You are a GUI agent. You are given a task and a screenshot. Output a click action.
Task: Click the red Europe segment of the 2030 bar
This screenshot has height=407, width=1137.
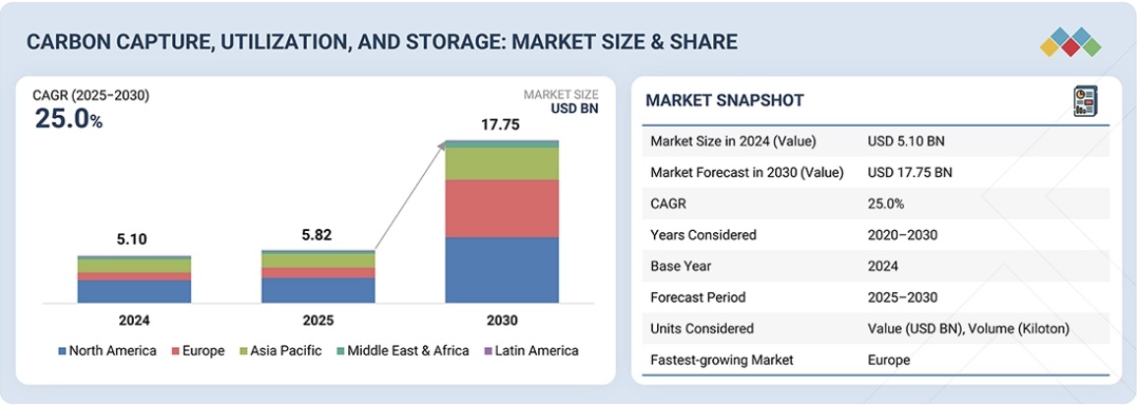click(x=502, y=207)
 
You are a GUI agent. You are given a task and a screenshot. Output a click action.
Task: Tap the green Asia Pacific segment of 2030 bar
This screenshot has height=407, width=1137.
click(x=502, y=163)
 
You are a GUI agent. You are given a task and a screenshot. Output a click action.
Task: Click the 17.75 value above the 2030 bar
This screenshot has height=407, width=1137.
click(x=501, y=125)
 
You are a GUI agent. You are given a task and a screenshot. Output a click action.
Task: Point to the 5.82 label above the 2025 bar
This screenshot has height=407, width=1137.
click(x=318, y=237)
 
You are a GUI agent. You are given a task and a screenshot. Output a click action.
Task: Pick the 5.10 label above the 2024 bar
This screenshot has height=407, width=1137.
click(x=135, y=239)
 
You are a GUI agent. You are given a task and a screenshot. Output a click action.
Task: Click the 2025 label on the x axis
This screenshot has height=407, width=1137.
click(x=318, y=320)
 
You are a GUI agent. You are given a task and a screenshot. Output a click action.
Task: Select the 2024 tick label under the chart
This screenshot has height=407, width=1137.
click(x=135, y=320)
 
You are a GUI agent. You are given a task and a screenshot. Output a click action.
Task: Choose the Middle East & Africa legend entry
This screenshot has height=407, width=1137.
click(x=402, y=351)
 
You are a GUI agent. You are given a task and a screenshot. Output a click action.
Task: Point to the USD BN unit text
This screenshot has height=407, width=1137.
click(x=574, y=109)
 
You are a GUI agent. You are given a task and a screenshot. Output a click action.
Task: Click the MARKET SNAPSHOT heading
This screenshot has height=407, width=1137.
click(x=725, y=100)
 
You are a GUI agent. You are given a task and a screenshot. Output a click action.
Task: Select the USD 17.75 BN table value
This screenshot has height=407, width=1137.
click(x=910, y=172)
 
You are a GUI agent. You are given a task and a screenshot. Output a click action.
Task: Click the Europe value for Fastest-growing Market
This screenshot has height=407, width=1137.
click(x=889, y=360)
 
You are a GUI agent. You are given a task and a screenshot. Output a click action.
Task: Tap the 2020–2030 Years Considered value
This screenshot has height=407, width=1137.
click(x=902, y=235)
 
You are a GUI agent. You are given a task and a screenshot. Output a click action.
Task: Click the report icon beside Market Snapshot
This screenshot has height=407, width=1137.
click(x=1085, y=100)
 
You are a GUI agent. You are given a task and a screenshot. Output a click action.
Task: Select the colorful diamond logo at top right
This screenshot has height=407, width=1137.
click(x=1071, y=41)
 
